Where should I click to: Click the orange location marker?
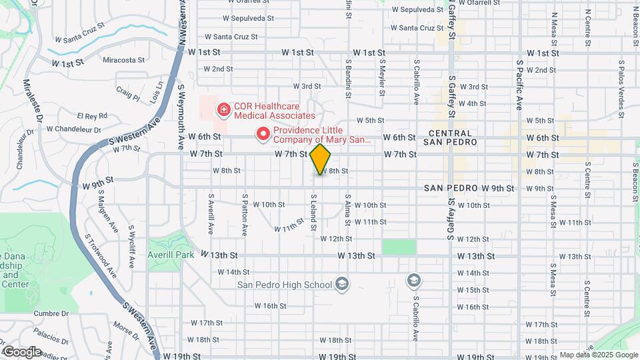pos(321,159)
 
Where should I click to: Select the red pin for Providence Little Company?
pos(263,135)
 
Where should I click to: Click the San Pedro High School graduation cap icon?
pos(342,285)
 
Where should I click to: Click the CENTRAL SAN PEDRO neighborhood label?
pos(451,138)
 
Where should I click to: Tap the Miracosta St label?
pos(123,60)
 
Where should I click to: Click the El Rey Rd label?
pos(92,115)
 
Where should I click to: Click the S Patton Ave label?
pos(245,215)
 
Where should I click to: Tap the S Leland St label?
pos(313,213)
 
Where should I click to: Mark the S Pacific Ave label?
pos(519,84)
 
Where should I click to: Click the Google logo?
pos(23,351)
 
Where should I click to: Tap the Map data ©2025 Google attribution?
pos(598,355)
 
